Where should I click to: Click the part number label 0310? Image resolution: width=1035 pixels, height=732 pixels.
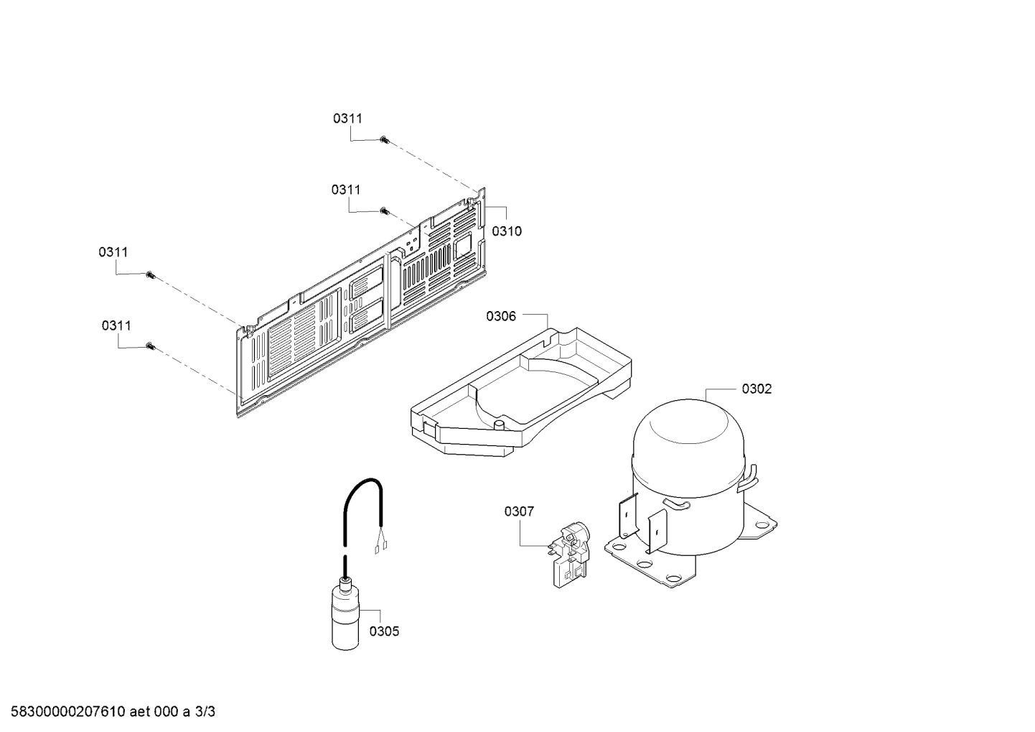(507, 231)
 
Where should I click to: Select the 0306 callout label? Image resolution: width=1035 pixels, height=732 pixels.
(501, 316)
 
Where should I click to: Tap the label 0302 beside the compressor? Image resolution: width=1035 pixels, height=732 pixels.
(757, 389)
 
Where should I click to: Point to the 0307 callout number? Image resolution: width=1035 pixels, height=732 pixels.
(519, 511)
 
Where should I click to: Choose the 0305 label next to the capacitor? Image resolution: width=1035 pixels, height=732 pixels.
(384, 631)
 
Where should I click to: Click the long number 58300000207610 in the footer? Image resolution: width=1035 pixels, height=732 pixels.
(68, 712)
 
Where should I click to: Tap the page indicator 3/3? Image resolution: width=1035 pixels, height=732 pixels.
(205, 712)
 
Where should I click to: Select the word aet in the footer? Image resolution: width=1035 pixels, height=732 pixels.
(139, 712)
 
